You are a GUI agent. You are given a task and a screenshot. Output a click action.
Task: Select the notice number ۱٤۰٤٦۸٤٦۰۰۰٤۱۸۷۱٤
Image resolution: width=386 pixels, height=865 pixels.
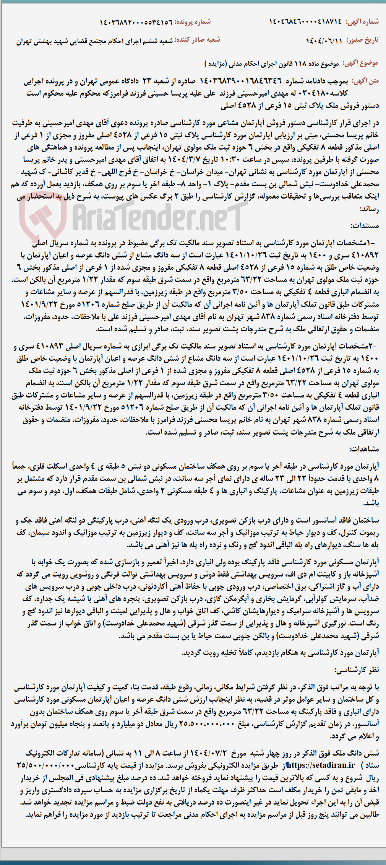pyautogui.click(x=305, y=22)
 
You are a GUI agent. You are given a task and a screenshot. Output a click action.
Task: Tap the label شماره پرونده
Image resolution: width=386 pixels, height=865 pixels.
pyautogui.click(x=193, y=22)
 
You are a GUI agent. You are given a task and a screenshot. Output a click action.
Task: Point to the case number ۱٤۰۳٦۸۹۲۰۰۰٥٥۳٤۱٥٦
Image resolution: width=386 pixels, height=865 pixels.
pyautogui.click(x=136, y=23)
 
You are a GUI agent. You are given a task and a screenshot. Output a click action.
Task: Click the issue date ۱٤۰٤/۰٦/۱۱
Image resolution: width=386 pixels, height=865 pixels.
pyautogui.click(x=324, y=41)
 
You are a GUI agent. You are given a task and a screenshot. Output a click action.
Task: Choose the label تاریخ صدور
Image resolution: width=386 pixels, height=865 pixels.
pyautogui.click(x=362, y=40)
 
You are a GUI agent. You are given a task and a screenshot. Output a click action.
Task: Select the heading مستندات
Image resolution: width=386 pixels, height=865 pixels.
pyautogui.click(x=365, y=226)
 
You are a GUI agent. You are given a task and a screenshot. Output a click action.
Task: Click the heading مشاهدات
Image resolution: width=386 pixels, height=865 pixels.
pyautogui.click(x=364, y=449)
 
